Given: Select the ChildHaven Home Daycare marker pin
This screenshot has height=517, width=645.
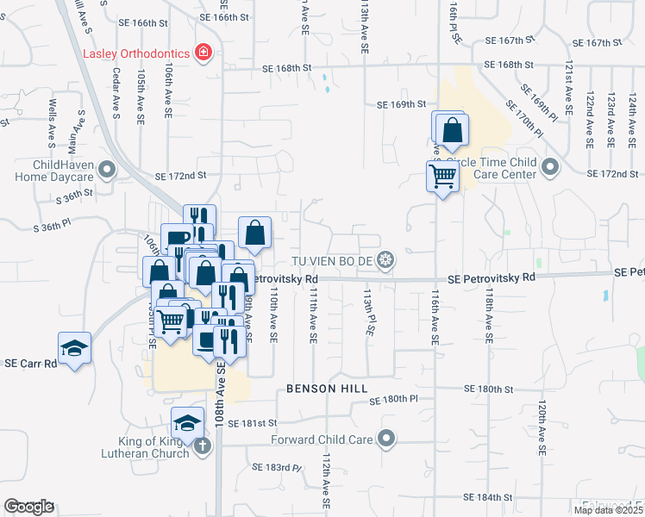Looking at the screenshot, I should click(x=107, y=170).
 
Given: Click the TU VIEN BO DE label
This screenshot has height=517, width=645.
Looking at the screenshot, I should click(x=335, y=260).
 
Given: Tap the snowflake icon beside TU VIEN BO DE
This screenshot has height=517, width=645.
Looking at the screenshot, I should click(x=388, y=260).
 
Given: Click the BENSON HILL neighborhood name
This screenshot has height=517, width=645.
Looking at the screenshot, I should click(x=322, y=389).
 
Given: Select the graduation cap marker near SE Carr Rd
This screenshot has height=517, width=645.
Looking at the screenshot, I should click(x=74, y=348).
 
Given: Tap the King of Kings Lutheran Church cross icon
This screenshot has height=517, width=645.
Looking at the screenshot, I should click(x=202, y=445).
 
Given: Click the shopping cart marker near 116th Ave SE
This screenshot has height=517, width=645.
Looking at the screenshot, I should click(x=442, y=177).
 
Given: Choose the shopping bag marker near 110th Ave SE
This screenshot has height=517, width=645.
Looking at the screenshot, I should click(x=255, y=233).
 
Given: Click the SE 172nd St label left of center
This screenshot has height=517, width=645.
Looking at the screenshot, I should click(x=181, y=175).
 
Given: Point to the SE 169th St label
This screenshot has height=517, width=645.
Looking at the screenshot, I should click(x=401, y=104).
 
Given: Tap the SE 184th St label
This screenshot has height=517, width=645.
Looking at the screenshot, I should click(x=488, y=498).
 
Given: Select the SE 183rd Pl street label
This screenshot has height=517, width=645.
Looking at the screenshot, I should click(x=278, y=468).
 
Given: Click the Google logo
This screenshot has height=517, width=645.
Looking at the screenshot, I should click(x=28, y=507).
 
